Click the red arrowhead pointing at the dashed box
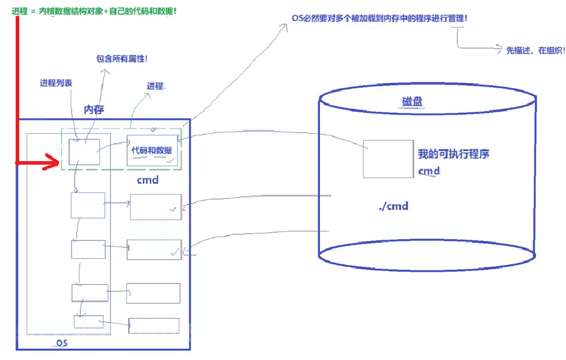[x=54, y=162]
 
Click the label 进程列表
[x=56, y=83]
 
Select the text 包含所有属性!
[x=122, y=59]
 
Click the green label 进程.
[x=156, y=86]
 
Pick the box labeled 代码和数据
[x=152, y=150]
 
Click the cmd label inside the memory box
[x=147, y=179]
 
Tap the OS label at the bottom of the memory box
[x=61, y=343]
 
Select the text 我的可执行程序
[x=454, y=154]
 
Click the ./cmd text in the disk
[x=393, y=206]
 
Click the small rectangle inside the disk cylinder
[x=388, y=159]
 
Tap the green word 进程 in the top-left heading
[x=19, y=10]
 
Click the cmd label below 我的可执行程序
[x=429, y=171]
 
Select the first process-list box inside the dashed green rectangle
[x=84, y=151]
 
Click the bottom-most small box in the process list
[x=88, y=322]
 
